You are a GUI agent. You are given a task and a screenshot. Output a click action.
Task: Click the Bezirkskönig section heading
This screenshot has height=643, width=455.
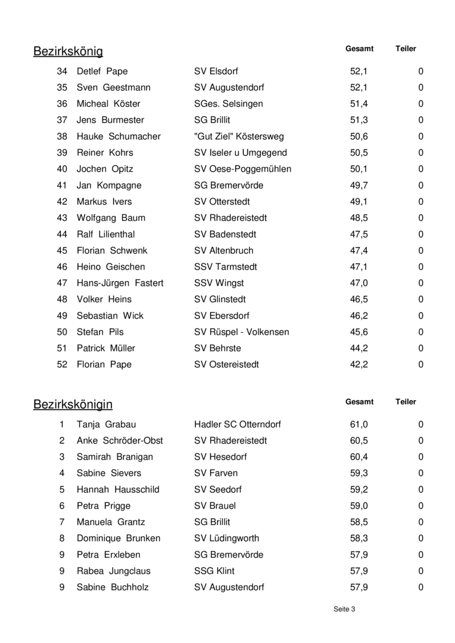click(x=68, y=52)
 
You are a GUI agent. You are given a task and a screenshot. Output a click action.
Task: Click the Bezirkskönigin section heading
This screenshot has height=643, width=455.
click(x=73, y=405)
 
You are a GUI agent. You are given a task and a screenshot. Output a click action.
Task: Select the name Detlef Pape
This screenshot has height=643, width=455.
click(x=102, y=71)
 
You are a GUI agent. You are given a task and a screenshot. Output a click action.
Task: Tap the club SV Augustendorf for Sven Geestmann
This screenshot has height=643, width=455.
click(x=229, y=88)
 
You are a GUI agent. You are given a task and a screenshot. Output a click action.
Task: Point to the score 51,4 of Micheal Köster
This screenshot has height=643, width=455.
click(x=359, y=104)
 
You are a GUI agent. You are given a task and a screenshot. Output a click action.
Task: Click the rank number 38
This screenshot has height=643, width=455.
click(x=62, y=136)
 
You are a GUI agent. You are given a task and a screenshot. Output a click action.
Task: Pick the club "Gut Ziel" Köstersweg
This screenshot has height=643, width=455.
click(x=239, y=136)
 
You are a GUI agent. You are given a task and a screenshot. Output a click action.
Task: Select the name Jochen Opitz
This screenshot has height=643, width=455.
click(x=105, y=169)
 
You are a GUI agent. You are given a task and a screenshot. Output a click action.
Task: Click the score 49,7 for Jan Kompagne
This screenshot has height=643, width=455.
click(x=359, y=185)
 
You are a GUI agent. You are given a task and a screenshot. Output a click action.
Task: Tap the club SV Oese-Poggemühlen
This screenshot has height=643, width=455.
click(x=242, y=169)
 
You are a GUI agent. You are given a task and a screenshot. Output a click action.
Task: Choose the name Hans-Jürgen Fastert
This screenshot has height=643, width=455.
click(x=120, y=283)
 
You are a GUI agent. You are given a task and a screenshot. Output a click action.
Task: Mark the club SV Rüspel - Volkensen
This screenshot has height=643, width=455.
click(x=241, y=332)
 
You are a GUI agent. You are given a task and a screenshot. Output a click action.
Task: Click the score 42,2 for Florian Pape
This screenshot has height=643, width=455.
click(x=359, y=364)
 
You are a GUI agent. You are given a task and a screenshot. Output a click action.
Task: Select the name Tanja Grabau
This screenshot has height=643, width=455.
click(x=106, y=424)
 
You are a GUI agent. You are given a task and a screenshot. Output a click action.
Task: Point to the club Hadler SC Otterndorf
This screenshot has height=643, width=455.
click(x=237, y=424)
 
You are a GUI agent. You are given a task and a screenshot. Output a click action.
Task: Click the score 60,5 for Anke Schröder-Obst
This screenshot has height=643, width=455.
click(x=359, y=441)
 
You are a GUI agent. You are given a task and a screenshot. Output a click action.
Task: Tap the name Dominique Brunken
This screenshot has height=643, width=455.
click(x=119, y=538)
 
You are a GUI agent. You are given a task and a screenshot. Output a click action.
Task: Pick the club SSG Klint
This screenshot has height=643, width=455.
click(x=214, y=571)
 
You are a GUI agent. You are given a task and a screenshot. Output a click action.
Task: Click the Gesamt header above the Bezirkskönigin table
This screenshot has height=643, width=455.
click(x=359, y=402)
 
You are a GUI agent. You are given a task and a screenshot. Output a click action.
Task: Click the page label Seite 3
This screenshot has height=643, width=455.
click(x=344, y=609)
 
